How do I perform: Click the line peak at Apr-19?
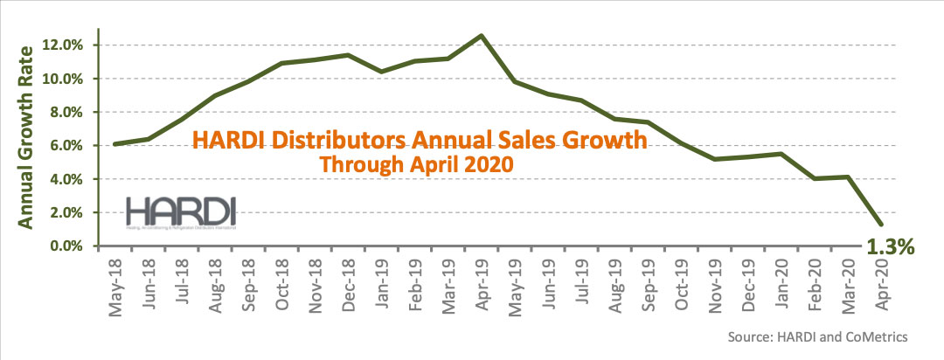(481, 36)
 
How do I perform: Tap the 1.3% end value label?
(889, 248)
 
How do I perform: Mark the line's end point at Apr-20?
(880, 225)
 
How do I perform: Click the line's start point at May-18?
(115, 144)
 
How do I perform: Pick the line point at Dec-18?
(348, 55)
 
